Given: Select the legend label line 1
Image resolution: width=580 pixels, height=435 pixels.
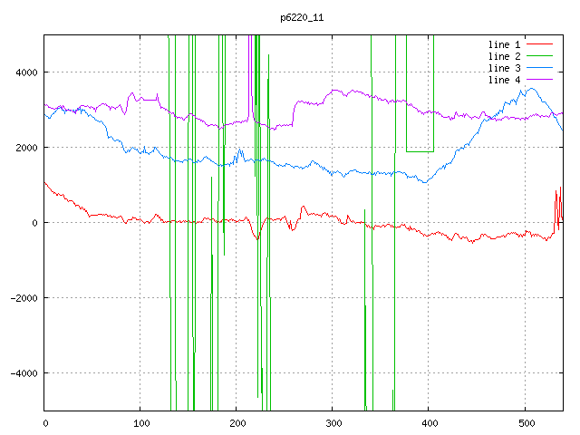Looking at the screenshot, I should point(504,44).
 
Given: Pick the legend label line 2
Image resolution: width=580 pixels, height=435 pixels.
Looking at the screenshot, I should point(504,56).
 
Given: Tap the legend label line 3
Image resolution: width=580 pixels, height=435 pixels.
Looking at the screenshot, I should point(504,68).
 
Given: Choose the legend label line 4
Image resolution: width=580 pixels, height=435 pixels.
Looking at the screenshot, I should point(504,80).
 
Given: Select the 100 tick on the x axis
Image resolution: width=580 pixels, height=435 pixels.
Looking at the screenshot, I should point(140,422).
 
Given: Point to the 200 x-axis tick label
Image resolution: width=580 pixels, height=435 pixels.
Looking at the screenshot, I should point(237,422).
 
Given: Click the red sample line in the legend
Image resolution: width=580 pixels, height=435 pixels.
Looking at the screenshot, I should point(539,44).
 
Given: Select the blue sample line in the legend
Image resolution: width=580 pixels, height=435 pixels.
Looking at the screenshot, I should point(539,68).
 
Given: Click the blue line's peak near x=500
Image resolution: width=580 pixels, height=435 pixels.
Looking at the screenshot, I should point(528,88).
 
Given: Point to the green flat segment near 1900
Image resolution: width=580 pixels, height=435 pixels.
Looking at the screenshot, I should point(420,150).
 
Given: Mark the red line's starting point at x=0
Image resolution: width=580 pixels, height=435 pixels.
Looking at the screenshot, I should point(45,182).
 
